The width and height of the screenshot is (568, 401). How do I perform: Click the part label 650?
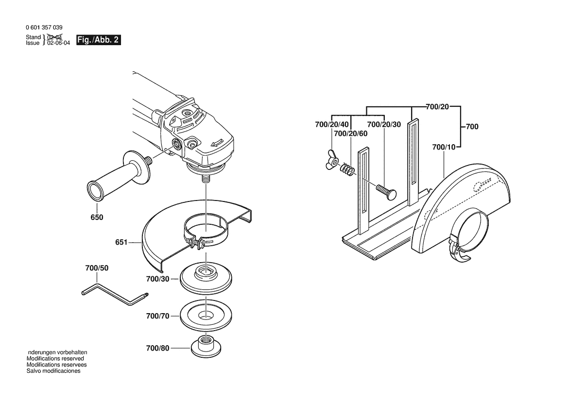pos(97,217)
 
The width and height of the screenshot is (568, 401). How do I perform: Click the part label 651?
pos(121,242)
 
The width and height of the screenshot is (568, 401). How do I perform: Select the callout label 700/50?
pos(97,268)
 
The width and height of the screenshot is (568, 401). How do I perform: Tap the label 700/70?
pos(157,316)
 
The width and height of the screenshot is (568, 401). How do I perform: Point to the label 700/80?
pos(157,348)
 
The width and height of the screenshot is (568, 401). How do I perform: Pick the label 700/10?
pos(443,147)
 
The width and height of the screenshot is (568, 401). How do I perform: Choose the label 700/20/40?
pos(332,125)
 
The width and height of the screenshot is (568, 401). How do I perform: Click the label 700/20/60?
pos(351,134)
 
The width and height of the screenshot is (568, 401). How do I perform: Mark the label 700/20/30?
pos(384,125)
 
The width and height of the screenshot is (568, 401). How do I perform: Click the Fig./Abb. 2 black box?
pos(98,40)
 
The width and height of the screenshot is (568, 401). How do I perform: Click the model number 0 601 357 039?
pos(44,28)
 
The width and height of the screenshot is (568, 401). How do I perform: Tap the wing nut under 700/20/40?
pos(332,161)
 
